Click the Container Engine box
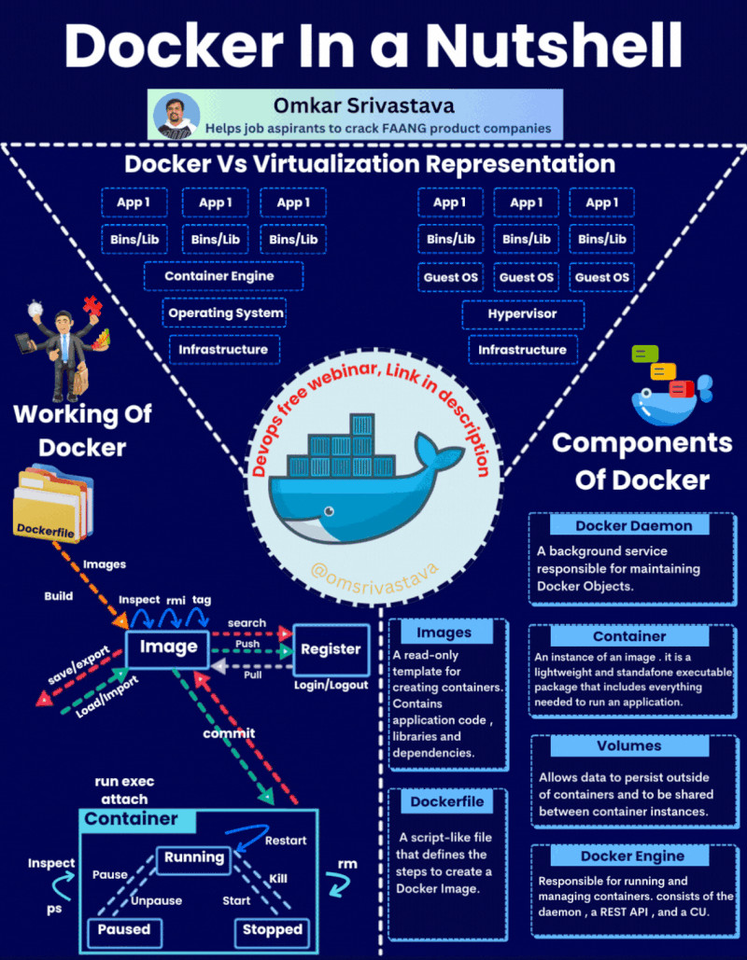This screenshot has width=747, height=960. tap(223, 276)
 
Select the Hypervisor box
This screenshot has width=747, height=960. tap(522, 314)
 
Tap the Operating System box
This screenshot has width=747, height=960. tap(225, 313)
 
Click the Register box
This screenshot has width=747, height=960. tap(331, 649)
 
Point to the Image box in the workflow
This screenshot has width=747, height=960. tap(168, 647)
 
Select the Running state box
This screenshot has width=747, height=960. tap(194, 857)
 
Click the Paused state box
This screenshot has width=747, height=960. tap(124, 929)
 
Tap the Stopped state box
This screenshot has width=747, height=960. tap(272, 929)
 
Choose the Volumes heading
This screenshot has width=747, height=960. tap(628, 746)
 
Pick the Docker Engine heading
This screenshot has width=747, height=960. tap(632, 856)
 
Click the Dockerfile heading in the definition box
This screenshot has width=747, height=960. tap(447, 801)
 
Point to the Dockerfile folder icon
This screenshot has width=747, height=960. tap(53, 504)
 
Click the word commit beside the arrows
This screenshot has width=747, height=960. tap(229, 732)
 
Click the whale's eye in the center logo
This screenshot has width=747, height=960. tap(326, 511)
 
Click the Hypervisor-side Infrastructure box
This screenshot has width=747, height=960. tap(522, 350)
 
